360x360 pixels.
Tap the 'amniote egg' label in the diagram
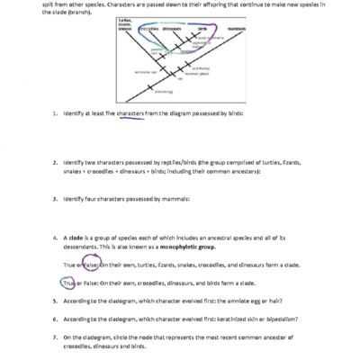165,116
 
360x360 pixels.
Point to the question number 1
55,139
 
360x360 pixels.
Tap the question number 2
55,161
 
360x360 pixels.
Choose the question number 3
55,196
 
